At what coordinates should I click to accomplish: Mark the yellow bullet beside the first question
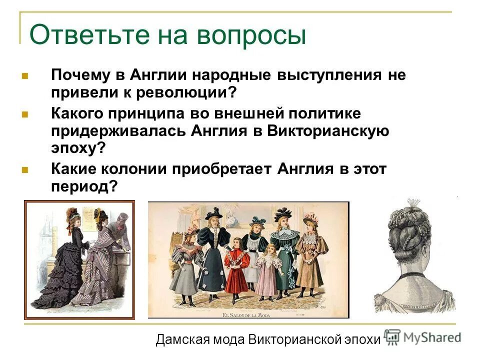[24, 76]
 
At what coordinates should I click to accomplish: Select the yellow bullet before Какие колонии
[24, 169]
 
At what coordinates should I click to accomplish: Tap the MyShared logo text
[432, 337]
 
